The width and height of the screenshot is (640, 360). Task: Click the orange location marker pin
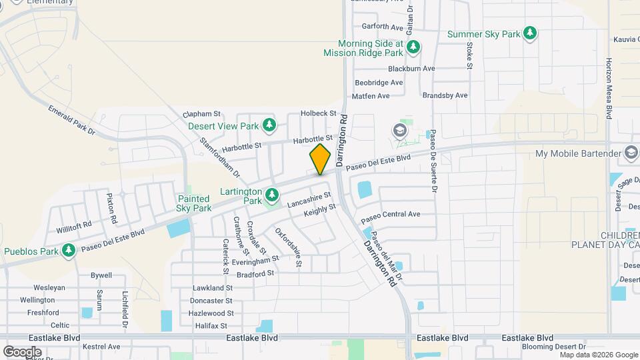(320, 159)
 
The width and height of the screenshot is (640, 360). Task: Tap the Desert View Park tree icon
(269, 125)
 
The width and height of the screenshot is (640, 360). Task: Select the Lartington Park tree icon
(271, 195)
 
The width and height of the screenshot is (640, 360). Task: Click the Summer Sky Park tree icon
(529, 33)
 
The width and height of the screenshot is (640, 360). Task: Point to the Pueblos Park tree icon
(69, 251)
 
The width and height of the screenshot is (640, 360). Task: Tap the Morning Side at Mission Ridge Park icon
(414, 47)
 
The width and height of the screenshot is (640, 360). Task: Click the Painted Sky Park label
(194, 203)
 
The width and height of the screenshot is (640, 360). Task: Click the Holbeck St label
(318, 113)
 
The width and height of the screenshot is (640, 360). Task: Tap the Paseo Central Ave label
(391, 215)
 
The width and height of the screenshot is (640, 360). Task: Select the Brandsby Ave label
(445, 95)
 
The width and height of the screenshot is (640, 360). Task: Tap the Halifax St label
(209, 326)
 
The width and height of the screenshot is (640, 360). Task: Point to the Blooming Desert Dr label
(554, 347)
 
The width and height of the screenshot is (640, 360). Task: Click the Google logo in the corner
(22, 351)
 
